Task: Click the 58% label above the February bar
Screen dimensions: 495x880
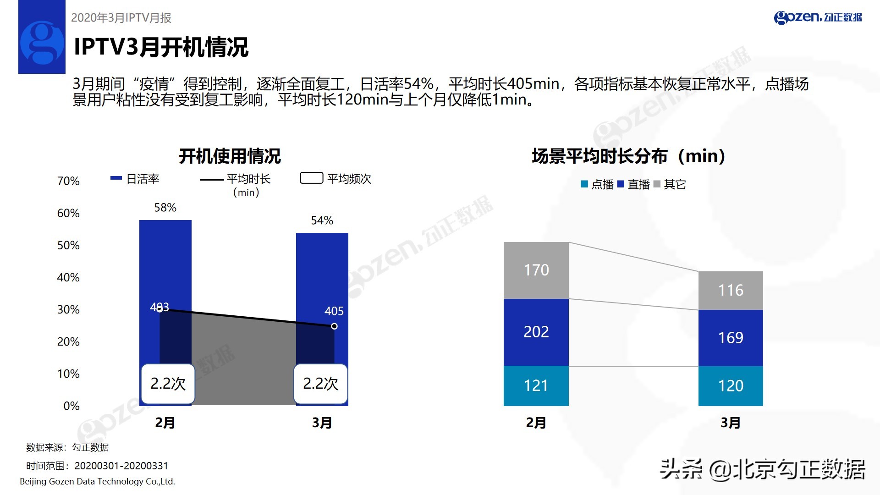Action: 165,208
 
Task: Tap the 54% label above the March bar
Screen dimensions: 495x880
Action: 322,220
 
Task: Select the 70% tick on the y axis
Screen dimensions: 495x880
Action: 68,181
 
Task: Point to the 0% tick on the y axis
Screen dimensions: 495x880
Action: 71,406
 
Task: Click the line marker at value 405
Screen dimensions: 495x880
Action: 334,326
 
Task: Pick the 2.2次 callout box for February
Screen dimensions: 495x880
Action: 168,384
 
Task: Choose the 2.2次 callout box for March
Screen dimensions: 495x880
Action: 320,384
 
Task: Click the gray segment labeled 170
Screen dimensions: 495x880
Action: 536,270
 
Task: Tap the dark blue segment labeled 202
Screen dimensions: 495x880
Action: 536,332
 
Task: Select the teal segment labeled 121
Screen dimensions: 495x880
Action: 536,386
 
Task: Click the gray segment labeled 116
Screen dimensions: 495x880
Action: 731,290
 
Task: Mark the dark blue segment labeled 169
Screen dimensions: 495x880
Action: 731,338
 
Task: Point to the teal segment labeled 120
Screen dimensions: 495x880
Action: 731,386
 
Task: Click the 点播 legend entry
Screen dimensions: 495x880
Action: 597,184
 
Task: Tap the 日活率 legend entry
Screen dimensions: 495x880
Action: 136,179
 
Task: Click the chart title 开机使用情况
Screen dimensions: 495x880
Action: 230,156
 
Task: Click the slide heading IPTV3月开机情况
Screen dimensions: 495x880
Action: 161,47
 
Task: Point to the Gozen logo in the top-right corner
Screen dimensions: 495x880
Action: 818,17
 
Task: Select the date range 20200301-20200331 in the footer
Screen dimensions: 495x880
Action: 121,466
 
